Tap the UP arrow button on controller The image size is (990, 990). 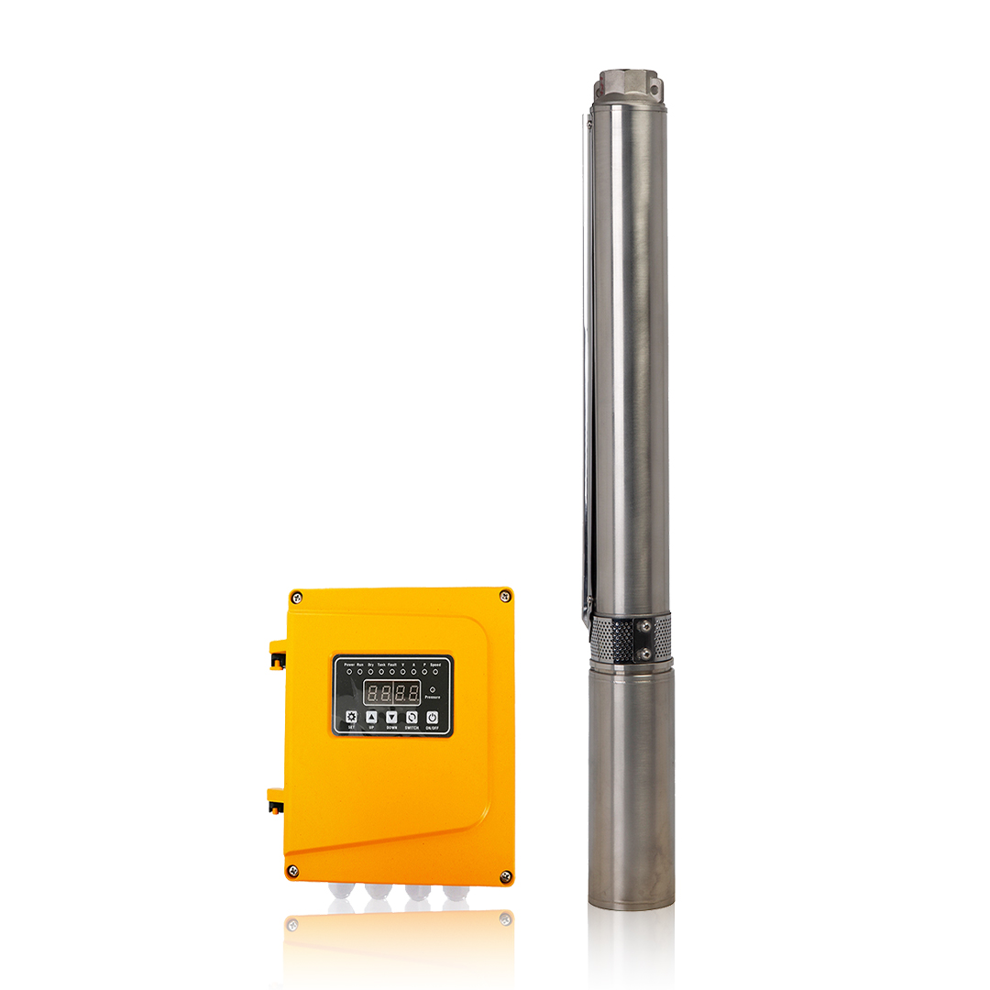click(371, 717)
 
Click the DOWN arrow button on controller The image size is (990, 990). click(391, 717)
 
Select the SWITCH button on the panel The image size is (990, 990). click(412, 717)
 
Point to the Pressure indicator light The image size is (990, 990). click(433, 689)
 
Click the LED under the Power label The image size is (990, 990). click(348, 672)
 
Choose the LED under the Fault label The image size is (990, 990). click(391, 672)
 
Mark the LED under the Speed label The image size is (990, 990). click(435, 672)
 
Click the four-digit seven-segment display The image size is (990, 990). click(391, 692)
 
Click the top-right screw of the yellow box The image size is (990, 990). click(504, 597)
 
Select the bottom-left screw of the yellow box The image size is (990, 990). click(292, 870)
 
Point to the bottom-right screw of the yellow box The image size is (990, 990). click(504, 876)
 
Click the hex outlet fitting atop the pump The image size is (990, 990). click(630, 86)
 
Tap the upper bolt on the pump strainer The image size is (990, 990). click(644, 625)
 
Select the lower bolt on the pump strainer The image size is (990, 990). click(644, 654)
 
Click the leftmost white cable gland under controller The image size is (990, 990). click(342, 892)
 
